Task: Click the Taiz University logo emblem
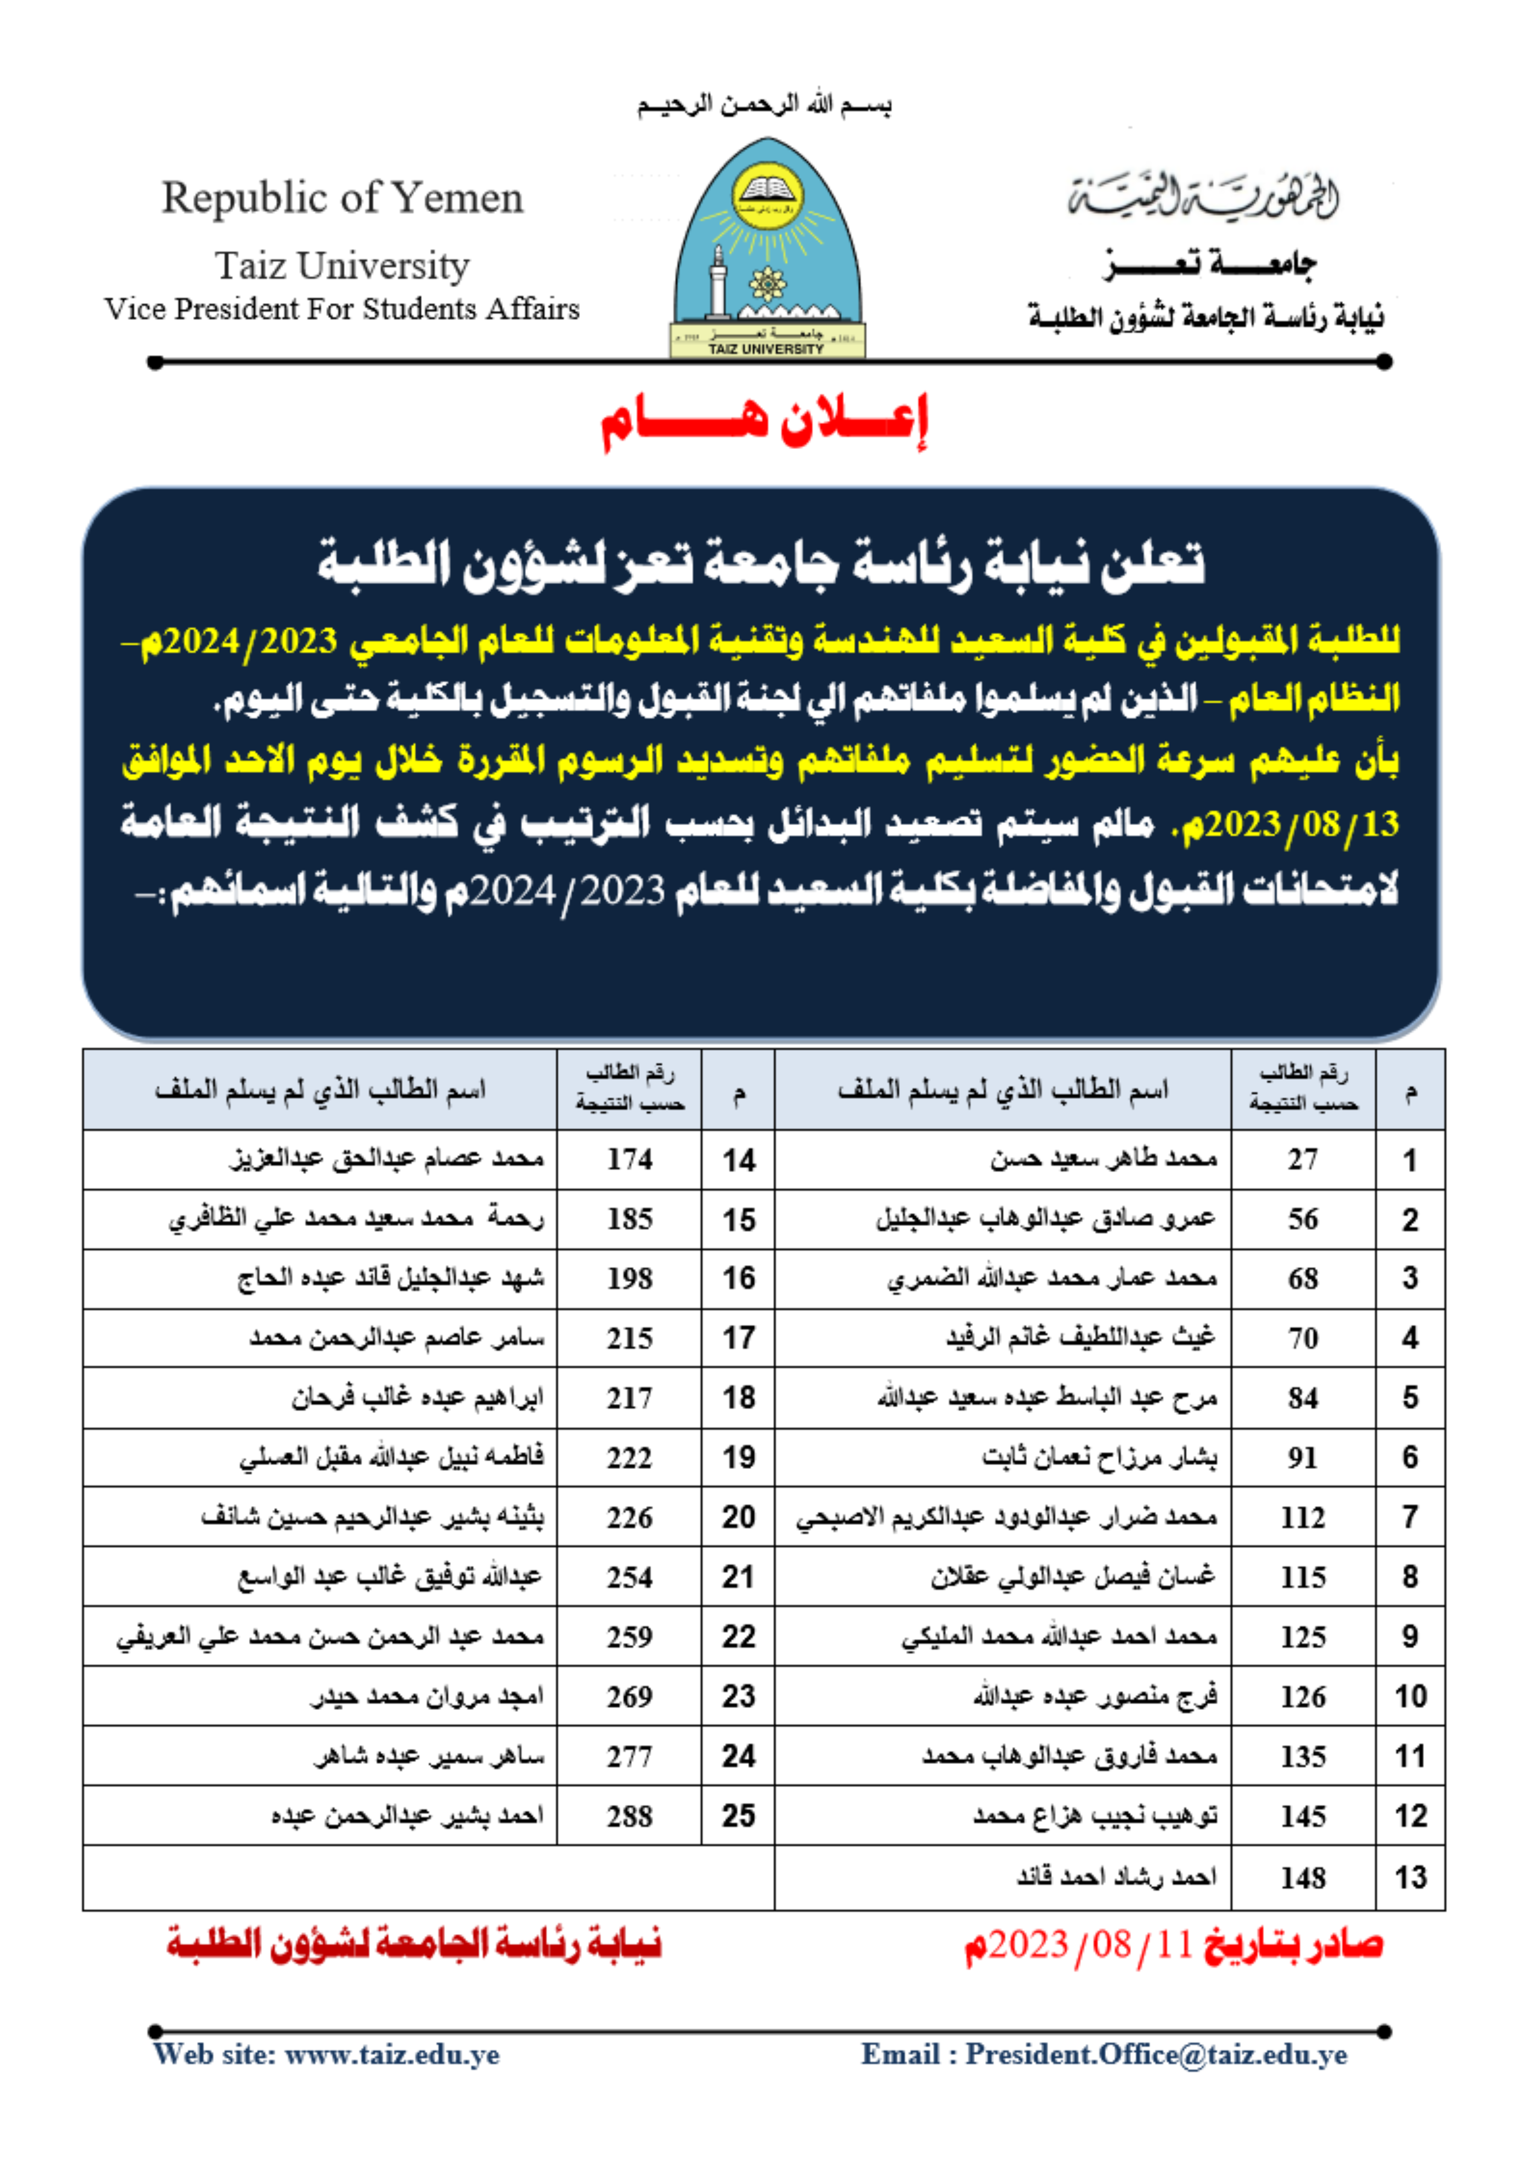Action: pyautogui.click(x=766, y=248)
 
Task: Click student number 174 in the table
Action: pyautogui.click(x=629, y=1159)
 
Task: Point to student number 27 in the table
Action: pyautogui.click(x=1303, y=1159)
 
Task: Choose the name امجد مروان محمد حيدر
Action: pyautogui.click(x=427, y=1696)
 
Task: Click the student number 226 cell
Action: pyautogui.click(x=629, y=1517)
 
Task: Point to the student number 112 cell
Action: pyautogui.click(x=1303, y=1517)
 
